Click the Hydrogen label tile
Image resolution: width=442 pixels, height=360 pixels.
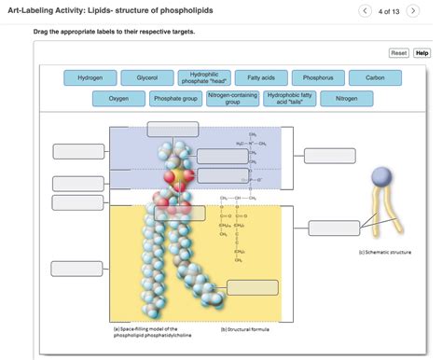[90, 78]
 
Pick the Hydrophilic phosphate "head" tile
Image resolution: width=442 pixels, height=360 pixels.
[203, 78]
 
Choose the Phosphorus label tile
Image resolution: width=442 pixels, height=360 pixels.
[318, 78]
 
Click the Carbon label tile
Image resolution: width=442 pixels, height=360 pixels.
[375, 78]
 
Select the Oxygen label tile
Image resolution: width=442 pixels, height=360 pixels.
[118, 97]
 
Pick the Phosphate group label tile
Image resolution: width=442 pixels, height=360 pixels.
[175, 97]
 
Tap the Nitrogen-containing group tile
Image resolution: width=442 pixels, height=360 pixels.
[232, 97]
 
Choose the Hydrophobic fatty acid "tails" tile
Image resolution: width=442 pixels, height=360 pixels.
[289, 97]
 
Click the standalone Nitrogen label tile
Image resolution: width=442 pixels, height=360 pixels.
[346, 97]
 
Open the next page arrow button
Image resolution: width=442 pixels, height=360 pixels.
[413, 10]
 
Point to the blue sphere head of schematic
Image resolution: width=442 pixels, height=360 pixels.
[381, 177]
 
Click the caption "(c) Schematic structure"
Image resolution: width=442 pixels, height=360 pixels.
[384, 252]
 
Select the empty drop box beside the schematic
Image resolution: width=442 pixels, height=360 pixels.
[333, 227]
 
